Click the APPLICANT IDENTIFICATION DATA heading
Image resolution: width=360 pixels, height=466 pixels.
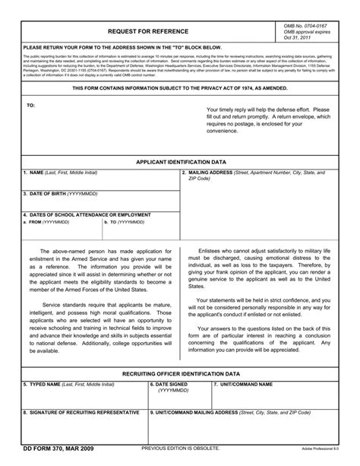click(180, 163)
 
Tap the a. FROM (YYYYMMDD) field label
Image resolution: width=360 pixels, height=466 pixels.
click(46, 223)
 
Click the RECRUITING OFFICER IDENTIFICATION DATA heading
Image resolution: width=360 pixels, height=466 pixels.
click(181, 374)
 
